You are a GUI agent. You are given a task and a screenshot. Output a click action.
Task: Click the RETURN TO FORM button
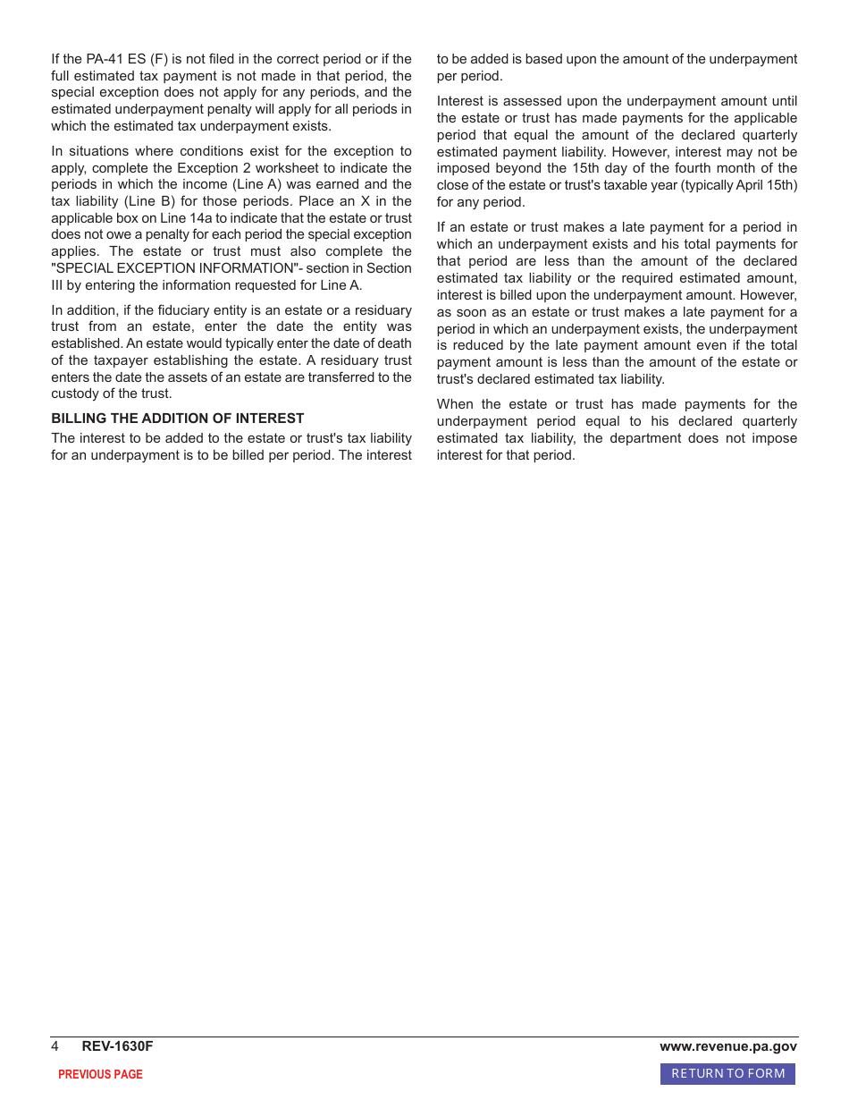point(727,1073)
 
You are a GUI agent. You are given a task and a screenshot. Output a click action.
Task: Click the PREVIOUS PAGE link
point(100,1074)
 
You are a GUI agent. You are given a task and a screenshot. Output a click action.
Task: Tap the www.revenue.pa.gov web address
point(728,1046)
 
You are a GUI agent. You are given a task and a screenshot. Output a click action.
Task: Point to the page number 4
point(55,1046)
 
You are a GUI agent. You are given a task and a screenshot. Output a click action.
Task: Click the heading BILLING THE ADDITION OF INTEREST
point(177,419)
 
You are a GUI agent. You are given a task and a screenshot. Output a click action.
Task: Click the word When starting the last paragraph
point(456,404)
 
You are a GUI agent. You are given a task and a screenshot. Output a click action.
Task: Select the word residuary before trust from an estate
point(383,310)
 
